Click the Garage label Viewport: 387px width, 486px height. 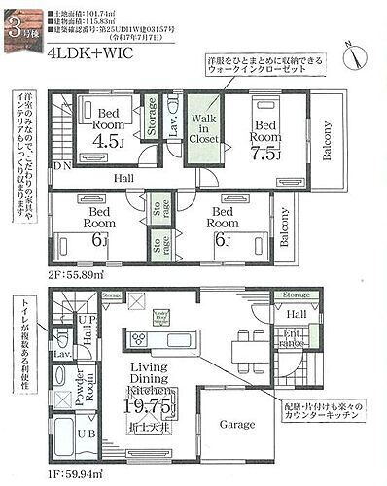pos(237,425)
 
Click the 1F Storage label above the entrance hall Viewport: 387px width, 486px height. pos(291,294)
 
